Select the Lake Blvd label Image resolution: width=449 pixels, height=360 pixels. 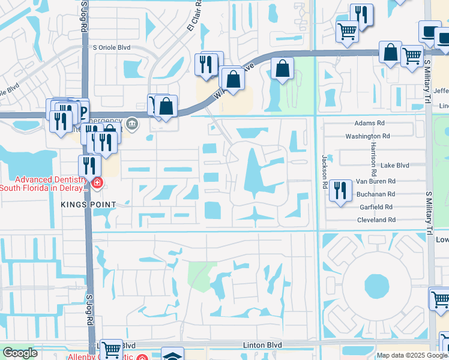tap(394, 165)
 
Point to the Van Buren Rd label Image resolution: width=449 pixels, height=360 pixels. tap(376, 181)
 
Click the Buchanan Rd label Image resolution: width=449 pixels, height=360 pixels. tap(376, 194)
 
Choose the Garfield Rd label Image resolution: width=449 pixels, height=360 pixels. tap(377, 207)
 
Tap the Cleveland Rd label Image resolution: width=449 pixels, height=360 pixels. tap(376, 220)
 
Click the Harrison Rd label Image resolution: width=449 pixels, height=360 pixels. tap(373, 155)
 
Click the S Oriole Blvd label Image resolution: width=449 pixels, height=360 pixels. tap(111, 47)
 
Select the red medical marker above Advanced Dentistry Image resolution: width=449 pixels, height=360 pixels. tap(96, 182)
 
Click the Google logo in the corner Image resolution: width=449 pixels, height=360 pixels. tap(20, 353)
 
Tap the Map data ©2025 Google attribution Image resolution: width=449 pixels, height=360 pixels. tap(412, 355)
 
